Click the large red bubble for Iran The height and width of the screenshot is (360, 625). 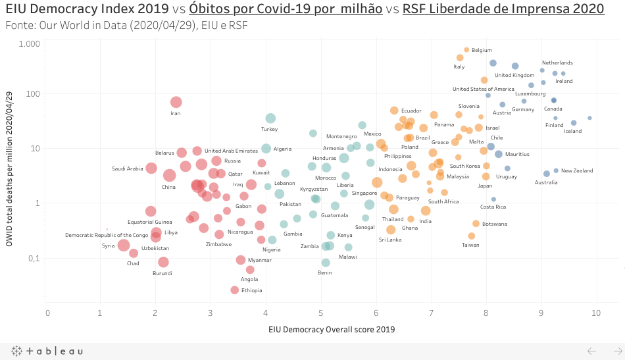click(x=176, y=102)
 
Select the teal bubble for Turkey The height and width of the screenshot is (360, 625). click(x=270, y=118)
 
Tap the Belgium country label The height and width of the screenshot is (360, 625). click(x=482, y=50)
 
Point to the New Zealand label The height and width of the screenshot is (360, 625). click(x=577, y=170)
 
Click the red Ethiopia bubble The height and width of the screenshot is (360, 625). click(x=235, y=290)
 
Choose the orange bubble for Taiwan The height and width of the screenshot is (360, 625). click(x=472, y=236)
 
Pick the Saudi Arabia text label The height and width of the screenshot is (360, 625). click(x=127, y=168)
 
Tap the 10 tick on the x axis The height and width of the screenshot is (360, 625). click(x=595, y=312)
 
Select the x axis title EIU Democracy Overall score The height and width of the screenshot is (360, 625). click(x=332, y=328)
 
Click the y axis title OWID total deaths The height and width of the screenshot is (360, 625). click(x=10, y=170)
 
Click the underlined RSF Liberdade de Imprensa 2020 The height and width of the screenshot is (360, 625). click(x=503, y=9)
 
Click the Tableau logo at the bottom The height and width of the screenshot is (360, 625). click(x=47, y=351)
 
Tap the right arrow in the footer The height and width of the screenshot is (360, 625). click(x=616, y=351)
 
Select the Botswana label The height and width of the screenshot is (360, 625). click(x=495, y=224)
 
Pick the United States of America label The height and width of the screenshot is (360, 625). click(x=484, y=89)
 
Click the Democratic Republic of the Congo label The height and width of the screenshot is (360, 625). click(x=107, y=235)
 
